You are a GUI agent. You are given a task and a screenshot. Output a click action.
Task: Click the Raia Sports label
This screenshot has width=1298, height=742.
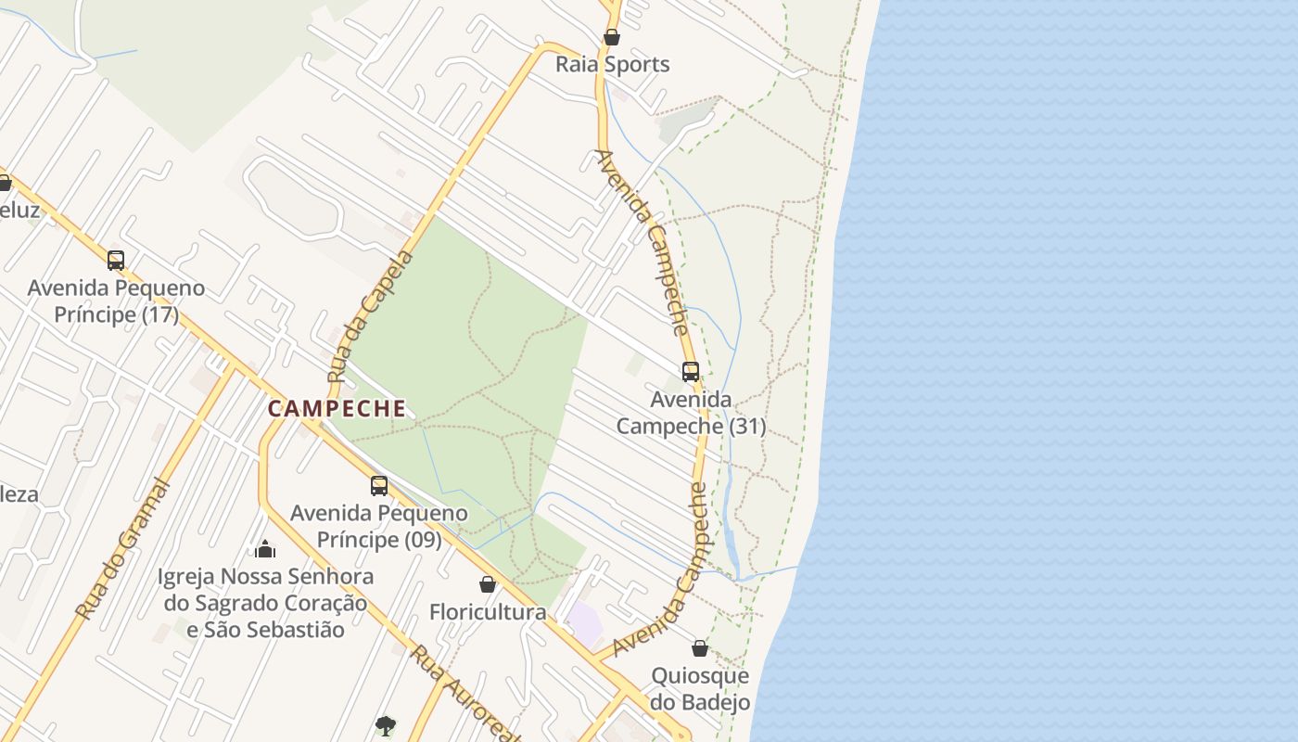point(612,64)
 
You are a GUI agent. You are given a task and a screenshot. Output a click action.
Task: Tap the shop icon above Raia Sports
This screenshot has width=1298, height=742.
point(612,37)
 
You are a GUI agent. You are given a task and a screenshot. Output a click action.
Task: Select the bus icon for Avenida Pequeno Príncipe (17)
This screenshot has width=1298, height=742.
point(116,261)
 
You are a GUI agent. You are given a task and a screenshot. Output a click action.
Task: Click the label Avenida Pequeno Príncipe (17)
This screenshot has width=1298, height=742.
point(116,301)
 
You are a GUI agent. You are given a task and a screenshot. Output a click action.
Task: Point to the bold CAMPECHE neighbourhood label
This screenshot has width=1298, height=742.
point(337,408)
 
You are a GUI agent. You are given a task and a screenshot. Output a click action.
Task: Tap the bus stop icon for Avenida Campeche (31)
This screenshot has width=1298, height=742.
point(691,372)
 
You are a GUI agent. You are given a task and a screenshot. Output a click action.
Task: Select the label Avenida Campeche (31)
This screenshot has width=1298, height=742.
point(691,413)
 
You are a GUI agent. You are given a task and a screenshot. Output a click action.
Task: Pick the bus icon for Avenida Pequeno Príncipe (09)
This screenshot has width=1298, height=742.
point(379,485)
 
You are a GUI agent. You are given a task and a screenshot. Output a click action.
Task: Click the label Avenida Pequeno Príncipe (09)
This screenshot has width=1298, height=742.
point(379,526)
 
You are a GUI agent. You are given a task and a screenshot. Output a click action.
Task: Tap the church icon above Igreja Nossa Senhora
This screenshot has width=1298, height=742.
point(265,549)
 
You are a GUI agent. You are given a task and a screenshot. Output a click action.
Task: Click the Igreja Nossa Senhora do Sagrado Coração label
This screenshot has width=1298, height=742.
point(265,603)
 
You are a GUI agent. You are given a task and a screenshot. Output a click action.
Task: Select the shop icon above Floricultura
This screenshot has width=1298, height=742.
point(488,584)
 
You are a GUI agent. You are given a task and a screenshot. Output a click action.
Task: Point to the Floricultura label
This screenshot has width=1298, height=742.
point(488,612)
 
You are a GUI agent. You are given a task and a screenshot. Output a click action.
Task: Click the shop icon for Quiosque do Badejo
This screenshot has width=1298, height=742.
point(700,648)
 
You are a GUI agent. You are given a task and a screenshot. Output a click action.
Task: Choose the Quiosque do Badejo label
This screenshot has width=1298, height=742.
point(700,688)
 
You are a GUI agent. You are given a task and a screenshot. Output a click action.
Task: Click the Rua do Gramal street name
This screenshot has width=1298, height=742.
point(123,549)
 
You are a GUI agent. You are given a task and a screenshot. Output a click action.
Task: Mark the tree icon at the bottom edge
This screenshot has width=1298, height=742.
point(386,725)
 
